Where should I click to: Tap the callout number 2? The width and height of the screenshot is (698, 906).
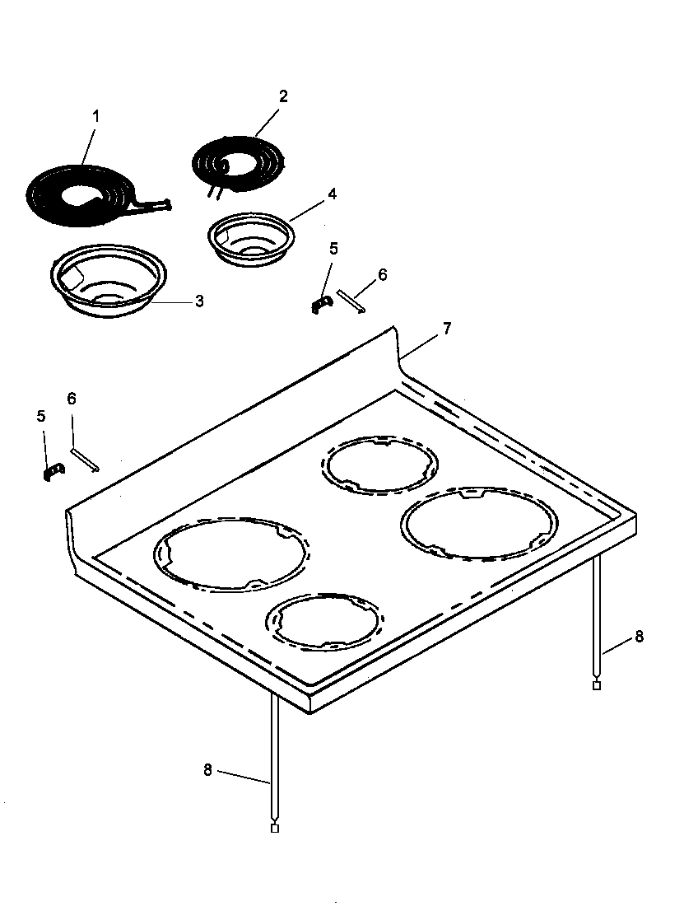click(x=283, y=96)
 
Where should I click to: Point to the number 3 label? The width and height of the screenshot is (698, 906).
click(x=198, y=301)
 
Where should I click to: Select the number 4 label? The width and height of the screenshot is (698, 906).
click(x=332, y=194)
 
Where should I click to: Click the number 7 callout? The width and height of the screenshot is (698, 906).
click(x=446, y=329)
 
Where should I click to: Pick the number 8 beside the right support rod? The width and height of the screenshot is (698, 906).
click(x=639, y=637)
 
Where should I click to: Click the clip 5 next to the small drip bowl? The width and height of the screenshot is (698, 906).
click(x=320, y=304)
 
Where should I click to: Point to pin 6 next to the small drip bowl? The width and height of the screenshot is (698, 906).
click(x=351, y=301)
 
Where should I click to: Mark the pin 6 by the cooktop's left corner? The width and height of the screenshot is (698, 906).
click(x=85, y=460)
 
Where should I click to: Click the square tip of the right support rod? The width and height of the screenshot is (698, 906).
click(x=597, y=685)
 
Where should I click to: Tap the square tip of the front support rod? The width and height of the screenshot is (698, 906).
click(x=275, y=828)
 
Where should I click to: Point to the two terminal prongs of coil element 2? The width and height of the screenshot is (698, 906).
click(x=213, y=193)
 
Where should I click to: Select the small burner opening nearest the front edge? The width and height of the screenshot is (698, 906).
click(x=324, y=621)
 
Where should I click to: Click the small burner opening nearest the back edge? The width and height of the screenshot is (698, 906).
click(x=379, y=465)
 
